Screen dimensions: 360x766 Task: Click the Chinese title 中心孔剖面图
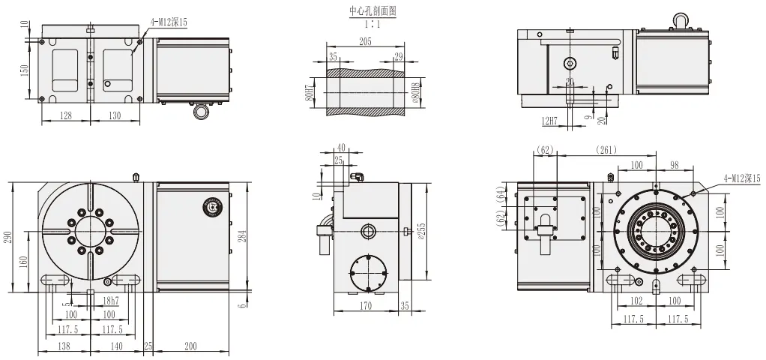(372, 11)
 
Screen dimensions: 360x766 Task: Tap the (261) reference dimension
(607, 150)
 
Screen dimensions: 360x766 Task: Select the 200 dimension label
(190, 347)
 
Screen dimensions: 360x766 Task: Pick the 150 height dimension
(25, 70)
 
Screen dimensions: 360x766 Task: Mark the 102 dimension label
(636, 301)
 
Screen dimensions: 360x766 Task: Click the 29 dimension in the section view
(397, 57)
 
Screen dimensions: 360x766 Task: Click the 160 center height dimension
(25, 262)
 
